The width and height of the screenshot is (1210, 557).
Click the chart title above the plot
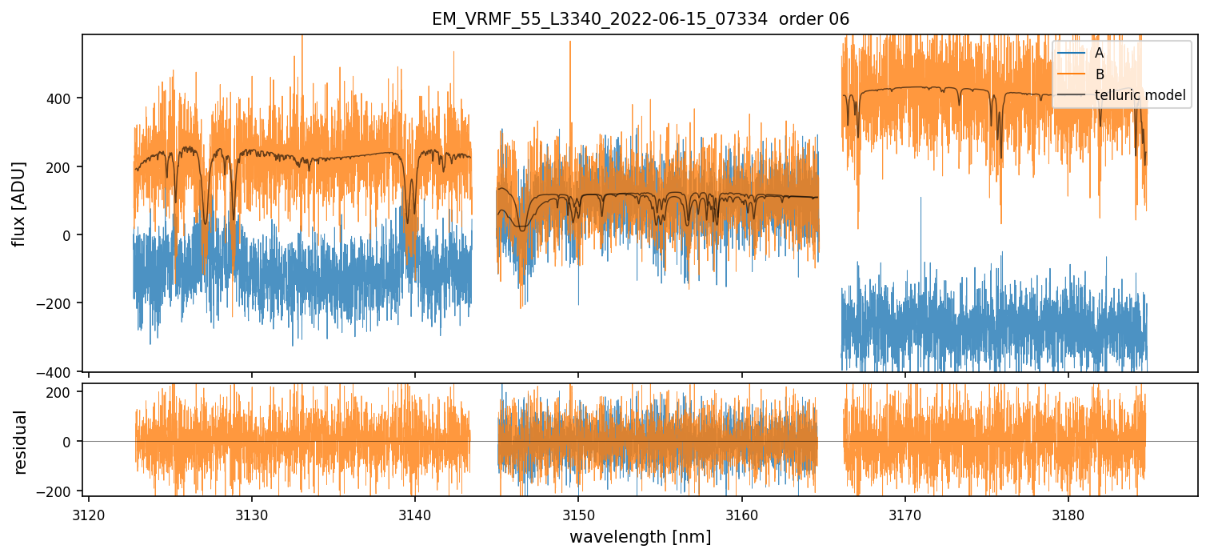point(640,18)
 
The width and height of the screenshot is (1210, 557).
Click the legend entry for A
point(1099,53)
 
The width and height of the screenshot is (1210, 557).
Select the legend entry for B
point(1099,74)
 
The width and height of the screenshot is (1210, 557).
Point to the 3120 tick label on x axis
point(89,512)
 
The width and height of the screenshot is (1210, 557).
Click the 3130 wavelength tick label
point(252,512)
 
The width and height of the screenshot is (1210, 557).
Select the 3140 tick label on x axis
point(415,512)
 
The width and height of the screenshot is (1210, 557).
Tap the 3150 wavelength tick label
point(578,512)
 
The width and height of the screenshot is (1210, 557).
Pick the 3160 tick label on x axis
point(742,512)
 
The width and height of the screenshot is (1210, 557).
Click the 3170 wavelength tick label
point(905,512)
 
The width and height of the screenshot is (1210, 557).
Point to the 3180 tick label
point(1068,512)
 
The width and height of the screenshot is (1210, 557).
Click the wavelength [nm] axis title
point(640,536)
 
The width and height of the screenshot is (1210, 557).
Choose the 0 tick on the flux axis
point(68,235)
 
